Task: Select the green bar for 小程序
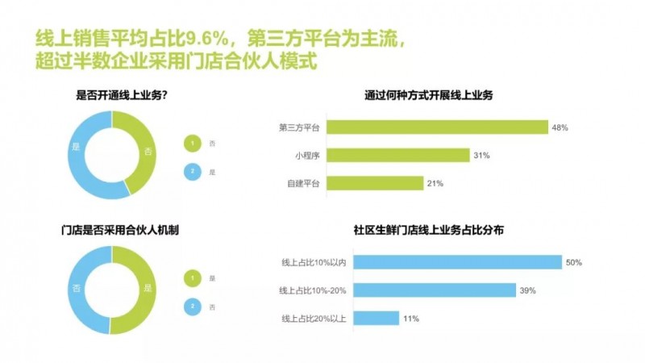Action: click(398, 155)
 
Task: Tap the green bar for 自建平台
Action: click(375, 183)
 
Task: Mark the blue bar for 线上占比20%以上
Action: click(376, 318)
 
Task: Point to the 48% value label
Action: click(560, 127)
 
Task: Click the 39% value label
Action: click(528, 290)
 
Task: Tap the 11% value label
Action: click(411, 319)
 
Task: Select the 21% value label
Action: click(435, 183)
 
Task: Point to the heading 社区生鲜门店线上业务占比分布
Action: click(429, 230)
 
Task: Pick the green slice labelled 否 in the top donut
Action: click(147, 150)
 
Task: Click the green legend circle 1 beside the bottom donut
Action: click(193, 278)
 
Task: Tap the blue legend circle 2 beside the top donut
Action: click(193, 171)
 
